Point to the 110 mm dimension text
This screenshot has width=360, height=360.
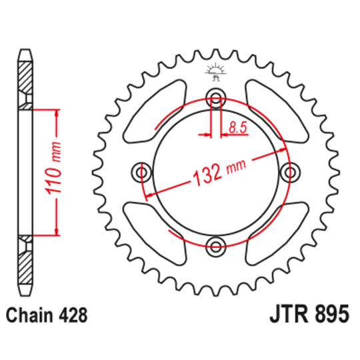point(57,171)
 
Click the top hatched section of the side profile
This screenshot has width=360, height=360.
point(25,77)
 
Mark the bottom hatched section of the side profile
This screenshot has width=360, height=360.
point(25,267)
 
